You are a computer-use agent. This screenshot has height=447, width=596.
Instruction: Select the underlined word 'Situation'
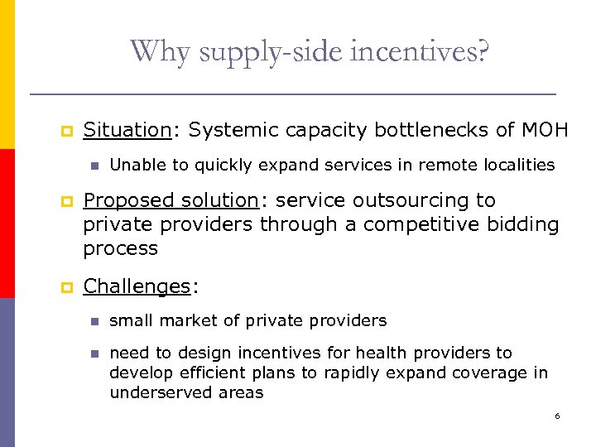tap(127, 130)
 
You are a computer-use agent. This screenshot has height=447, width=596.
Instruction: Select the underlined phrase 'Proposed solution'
tap(171, 200)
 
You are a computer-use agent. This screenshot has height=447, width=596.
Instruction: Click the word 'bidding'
tap(525, 224)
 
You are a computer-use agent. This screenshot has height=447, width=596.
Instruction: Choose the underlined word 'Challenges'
tap(137, 286)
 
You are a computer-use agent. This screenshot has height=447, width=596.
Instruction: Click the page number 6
tap(557, 416)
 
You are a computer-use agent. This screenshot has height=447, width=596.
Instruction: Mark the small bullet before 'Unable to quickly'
tap(94, 166)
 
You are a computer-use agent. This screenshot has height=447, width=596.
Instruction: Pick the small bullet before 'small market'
tap(94, 320)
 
